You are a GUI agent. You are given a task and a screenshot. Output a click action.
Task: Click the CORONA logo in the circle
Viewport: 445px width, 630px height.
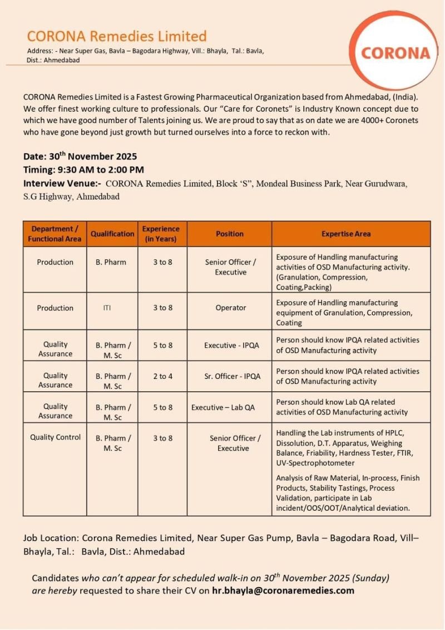tap(395, 53)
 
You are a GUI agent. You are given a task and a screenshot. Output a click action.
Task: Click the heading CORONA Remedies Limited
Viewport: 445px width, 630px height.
tap(117, 37)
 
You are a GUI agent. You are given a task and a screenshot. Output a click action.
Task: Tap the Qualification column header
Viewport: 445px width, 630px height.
tap(112, 234)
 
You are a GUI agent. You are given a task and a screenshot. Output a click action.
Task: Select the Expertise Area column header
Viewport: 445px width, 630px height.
tap(345, 234)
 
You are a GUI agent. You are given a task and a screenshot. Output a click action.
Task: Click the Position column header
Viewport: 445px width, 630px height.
tap(229, 234)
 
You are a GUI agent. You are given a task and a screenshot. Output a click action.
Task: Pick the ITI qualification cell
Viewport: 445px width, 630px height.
tap(107, 308)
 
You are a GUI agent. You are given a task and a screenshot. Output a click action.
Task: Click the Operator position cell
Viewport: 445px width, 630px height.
tap(230, 308)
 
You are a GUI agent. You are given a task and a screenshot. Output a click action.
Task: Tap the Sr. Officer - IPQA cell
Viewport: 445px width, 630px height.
tap(232, 376)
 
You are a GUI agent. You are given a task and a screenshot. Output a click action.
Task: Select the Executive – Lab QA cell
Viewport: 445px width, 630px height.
tap(223, 407)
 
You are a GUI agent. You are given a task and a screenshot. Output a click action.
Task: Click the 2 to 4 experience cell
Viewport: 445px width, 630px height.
tap(162, 376)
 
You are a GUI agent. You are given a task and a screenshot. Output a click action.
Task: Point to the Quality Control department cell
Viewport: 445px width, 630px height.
tap(55, 437)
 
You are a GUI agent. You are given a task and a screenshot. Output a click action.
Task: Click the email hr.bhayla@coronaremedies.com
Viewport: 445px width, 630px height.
tap(283, 590)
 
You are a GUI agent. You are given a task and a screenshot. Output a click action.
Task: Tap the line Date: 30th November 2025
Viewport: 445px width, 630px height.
tap(80, 156)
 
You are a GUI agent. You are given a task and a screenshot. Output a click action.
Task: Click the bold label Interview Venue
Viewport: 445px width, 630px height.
tap(61, 183)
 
